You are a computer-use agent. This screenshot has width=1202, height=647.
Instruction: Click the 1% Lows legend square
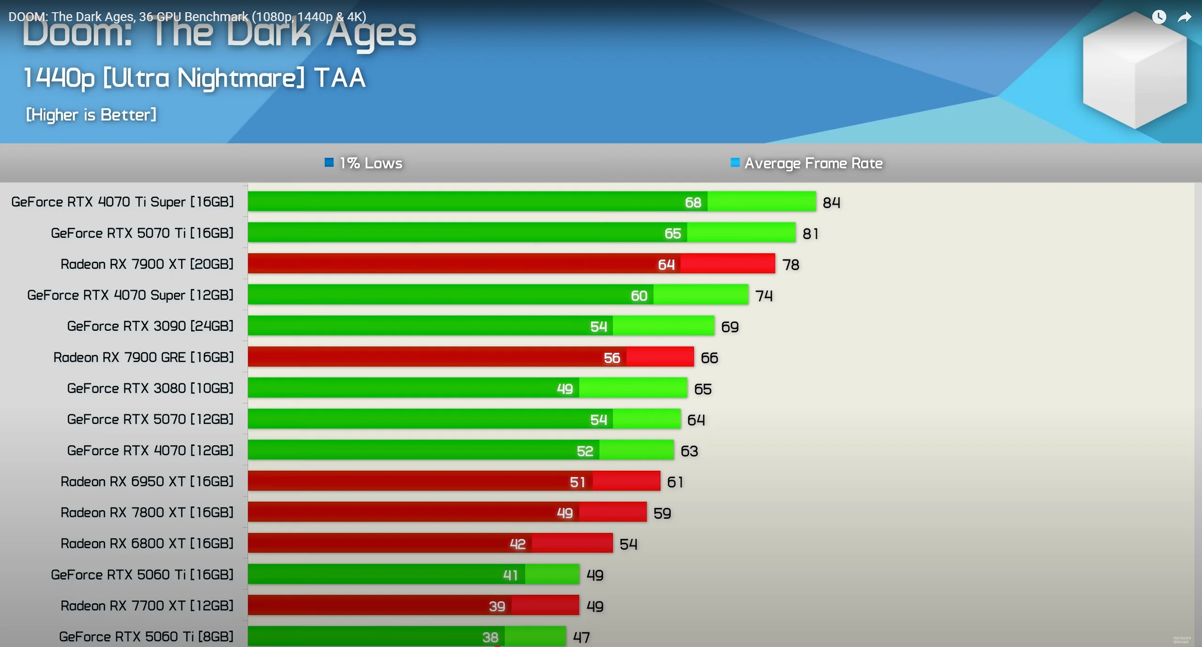tap(329, 163)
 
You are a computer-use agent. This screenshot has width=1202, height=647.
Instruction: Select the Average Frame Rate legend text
tap(813, 163)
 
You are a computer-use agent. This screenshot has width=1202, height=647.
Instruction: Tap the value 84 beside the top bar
tap(831, 203)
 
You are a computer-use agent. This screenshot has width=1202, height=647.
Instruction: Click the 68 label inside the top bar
tap(693, 203)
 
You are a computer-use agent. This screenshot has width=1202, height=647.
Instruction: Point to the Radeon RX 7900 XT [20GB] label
tap(147, 264)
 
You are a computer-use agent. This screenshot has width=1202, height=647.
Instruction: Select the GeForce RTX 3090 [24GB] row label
tap(150, 326)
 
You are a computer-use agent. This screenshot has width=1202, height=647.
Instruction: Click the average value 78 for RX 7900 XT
tap(791, 265)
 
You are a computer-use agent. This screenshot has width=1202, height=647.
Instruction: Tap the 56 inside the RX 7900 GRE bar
tap(612, 358)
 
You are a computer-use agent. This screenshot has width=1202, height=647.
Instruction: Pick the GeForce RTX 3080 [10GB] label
tap(150, 388)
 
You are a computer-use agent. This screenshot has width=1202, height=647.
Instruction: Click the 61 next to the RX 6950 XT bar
tap(675, 482)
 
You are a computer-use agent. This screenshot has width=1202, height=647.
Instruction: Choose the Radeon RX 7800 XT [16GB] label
tap(147, 512)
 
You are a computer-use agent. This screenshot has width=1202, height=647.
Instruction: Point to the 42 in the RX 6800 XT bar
tap(517, 544)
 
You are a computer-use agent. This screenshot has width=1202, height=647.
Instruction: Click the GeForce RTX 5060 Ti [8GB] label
tap(146, 637)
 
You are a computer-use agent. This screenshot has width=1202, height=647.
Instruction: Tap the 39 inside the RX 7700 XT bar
tap(496, 606)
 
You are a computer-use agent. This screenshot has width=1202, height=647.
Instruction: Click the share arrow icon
tap(1184, 17)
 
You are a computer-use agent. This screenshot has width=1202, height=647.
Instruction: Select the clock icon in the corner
tap(1159, 17)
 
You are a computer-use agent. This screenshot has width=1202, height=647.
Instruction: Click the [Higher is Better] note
tap(91, 115)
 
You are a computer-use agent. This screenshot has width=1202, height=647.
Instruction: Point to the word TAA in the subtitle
tap(340, 78)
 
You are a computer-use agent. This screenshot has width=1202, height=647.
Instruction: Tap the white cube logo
tap(1134, 70)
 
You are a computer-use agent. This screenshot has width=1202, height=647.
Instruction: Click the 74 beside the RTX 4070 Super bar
tap(764, 296)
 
